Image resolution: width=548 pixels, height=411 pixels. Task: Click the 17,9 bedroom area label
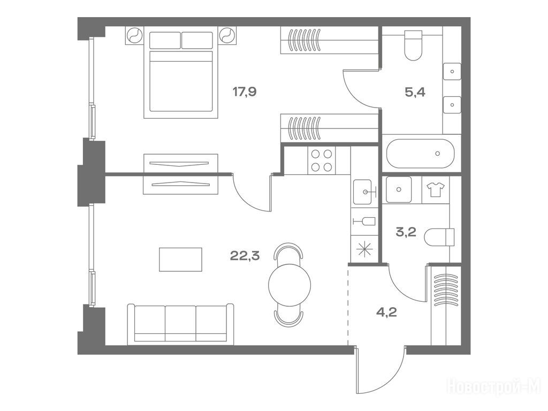[245, 92]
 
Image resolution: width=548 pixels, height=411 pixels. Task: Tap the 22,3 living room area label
[245, 256]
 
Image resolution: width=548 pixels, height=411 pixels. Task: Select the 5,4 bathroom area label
[415, 92]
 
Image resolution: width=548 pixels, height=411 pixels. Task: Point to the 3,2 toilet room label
[406, 232]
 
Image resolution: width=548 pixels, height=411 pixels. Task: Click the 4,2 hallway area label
[386, 312]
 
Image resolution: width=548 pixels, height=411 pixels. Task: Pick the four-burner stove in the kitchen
[322, 161]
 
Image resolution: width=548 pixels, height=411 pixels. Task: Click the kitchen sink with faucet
[364, 192]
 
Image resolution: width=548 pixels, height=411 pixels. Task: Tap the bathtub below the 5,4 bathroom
[421, 154]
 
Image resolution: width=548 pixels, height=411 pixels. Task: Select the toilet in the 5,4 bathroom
[413, 45]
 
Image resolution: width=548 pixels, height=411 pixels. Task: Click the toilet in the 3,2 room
[439, 237]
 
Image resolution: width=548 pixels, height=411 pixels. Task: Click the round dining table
[290, 285]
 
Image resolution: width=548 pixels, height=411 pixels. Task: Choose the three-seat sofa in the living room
[180, 324]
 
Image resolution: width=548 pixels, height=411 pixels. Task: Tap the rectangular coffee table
[181, 260]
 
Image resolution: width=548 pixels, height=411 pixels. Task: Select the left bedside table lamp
[134, 35]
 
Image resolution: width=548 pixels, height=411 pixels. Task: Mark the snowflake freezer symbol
[364, 249]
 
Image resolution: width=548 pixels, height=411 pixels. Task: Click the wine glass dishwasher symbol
[364, 221]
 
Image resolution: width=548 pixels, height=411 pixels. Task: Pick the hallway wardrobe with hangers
[446, 305]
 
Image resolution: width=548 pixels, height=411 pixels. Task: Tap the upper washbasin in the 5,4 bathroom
[452, 72]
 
